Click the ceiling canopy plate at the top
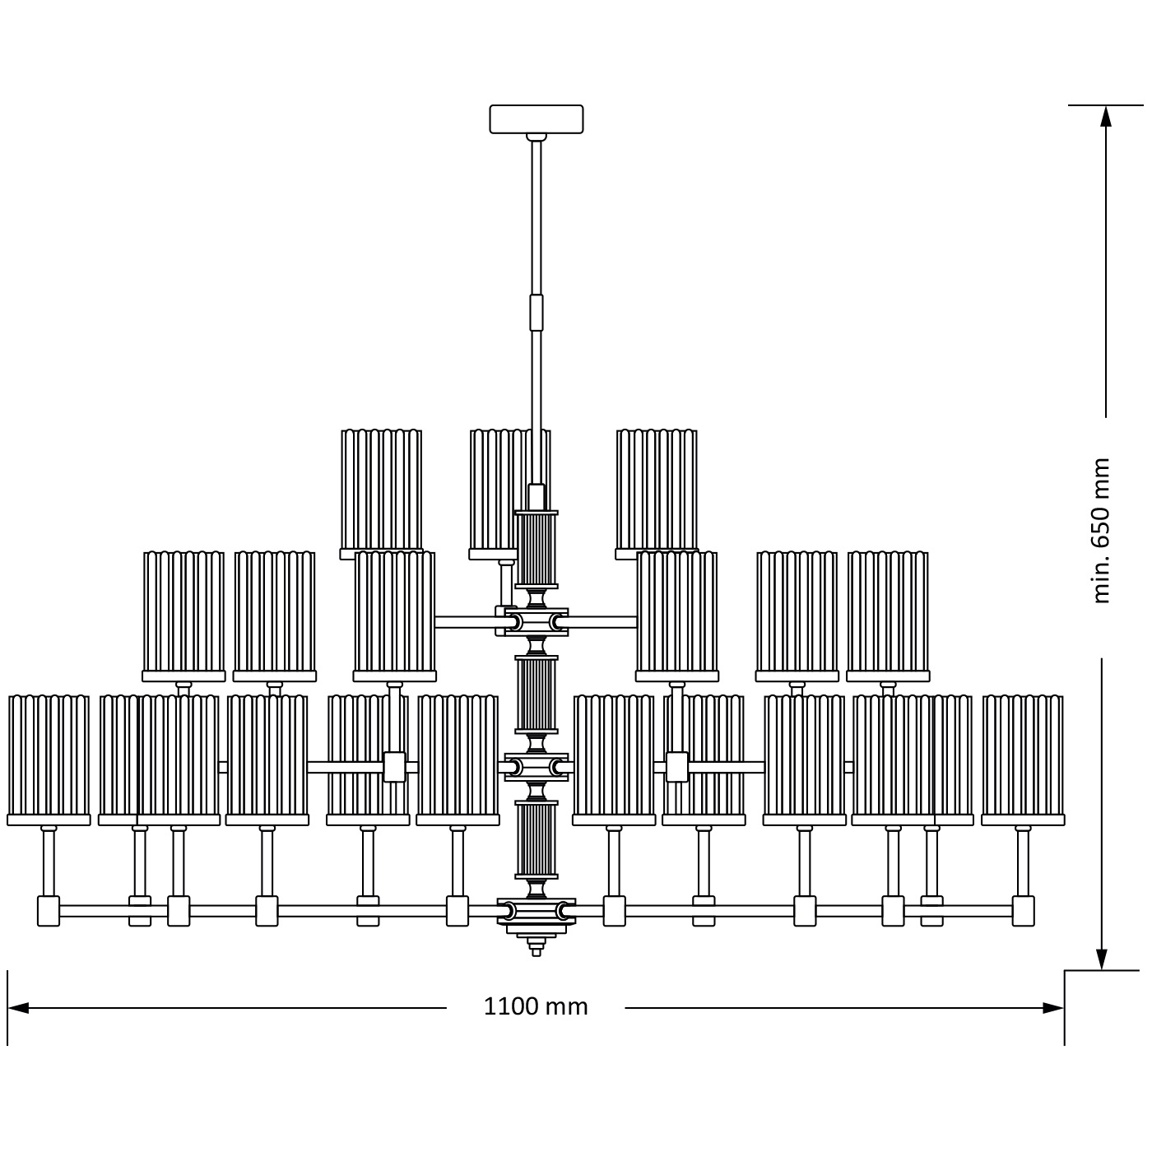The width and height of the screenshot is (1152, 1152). click(536, 118)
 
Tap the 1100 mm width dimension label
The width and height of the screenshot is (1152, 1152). click(536, 1006)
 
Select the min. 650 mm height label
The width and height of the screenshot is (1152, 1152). click(1101, 531)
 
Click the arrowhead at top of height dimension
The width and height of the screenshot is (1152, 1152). click(1105, 116)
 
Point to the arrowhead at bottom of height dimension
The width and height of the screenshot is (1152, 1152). click(1101, 959)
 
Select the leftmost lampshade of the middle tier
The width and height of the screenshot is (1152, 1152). click(183, 613)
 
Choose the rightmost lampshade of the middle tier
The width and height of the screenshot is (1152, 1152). click(888, 613)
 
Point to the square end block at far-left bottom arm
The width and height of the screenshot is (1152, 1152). click(49, 911)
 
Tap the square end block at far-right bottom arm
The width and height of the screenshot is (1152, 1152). click(1023, 911)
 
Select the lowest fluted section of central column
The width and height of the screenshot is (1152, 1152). click(536, 839)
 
